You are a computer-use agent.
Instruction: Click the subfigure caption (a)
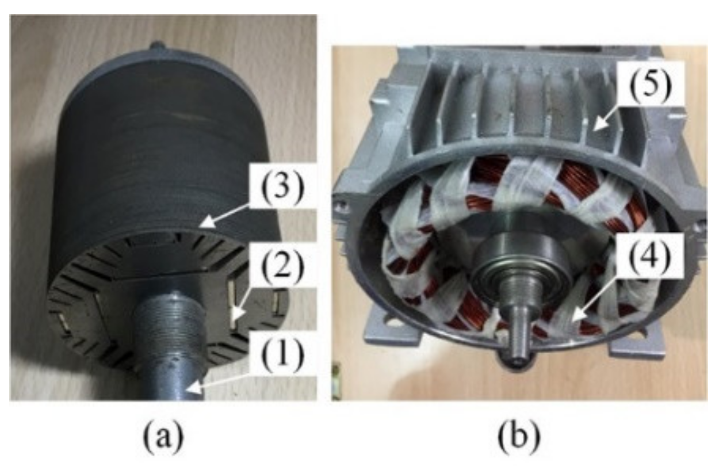(x=162, y=438)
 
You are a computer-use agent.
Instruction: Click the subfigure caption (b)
(x=518, y=438)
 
